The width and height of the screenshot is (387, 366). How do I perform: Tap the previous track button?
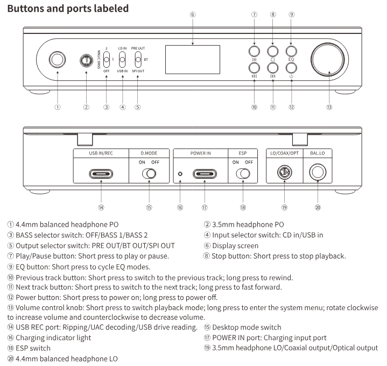[x=254, y=68]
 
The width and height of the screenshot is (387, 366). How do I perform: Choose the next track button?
[x=272, y=68]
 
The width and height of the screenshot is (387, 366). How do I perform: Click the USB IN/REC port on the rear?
[x=101, y=174]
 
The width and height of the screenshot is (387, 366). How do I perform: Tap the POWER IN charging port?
[x=205, y=174]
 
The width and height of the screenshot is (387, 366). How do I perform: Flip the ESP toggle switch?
[x=242, y=174]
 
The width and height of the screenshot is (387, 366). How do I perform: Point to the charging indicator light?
[x=180, y=174]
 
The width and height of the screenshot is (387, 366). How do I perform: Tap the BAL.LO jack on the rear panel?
[x=317, y=174]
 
